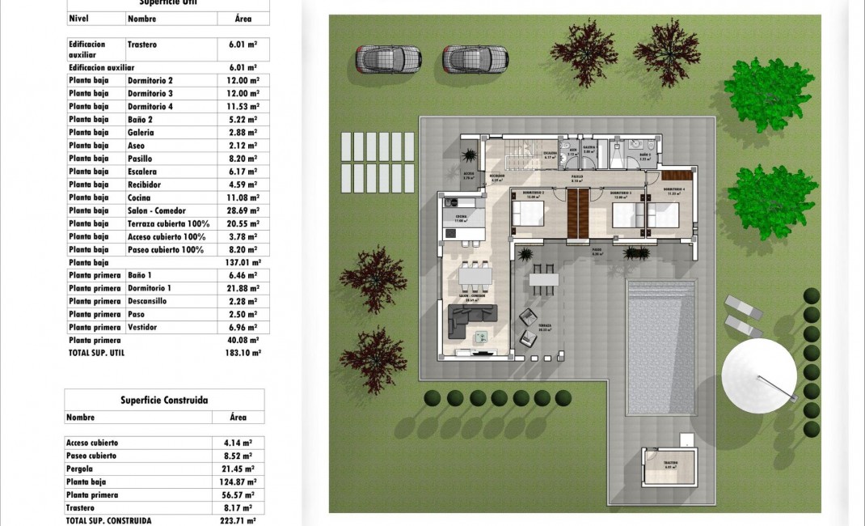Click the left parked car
389,59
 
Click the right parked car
475,59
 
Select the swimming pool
661,346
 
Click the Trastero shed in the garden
669,467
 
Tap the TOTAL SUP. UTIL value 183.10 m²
244,353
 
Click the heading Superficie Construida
164,400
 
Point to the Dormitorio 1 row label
150,288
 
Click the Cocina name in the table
139,197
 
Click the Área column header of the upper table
243,18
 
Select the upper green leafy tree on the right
768,94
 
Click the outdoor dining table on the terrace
543,280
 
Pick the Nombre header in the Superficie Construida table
80,418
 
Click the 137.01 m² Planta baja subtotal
244,262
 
